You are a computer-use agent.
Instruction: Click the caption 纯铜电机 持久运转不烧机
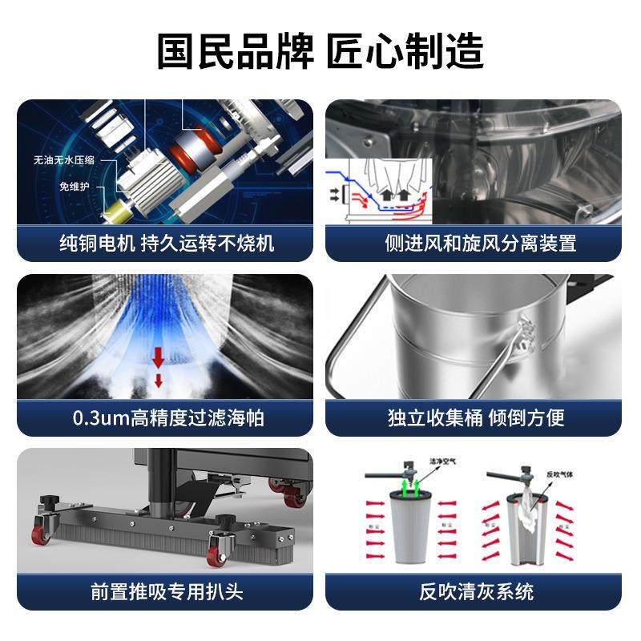167,243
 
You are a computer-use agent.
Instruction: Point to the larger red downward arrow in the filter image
159,355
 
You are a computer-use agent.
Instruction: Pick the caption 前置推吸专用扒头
167,592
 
